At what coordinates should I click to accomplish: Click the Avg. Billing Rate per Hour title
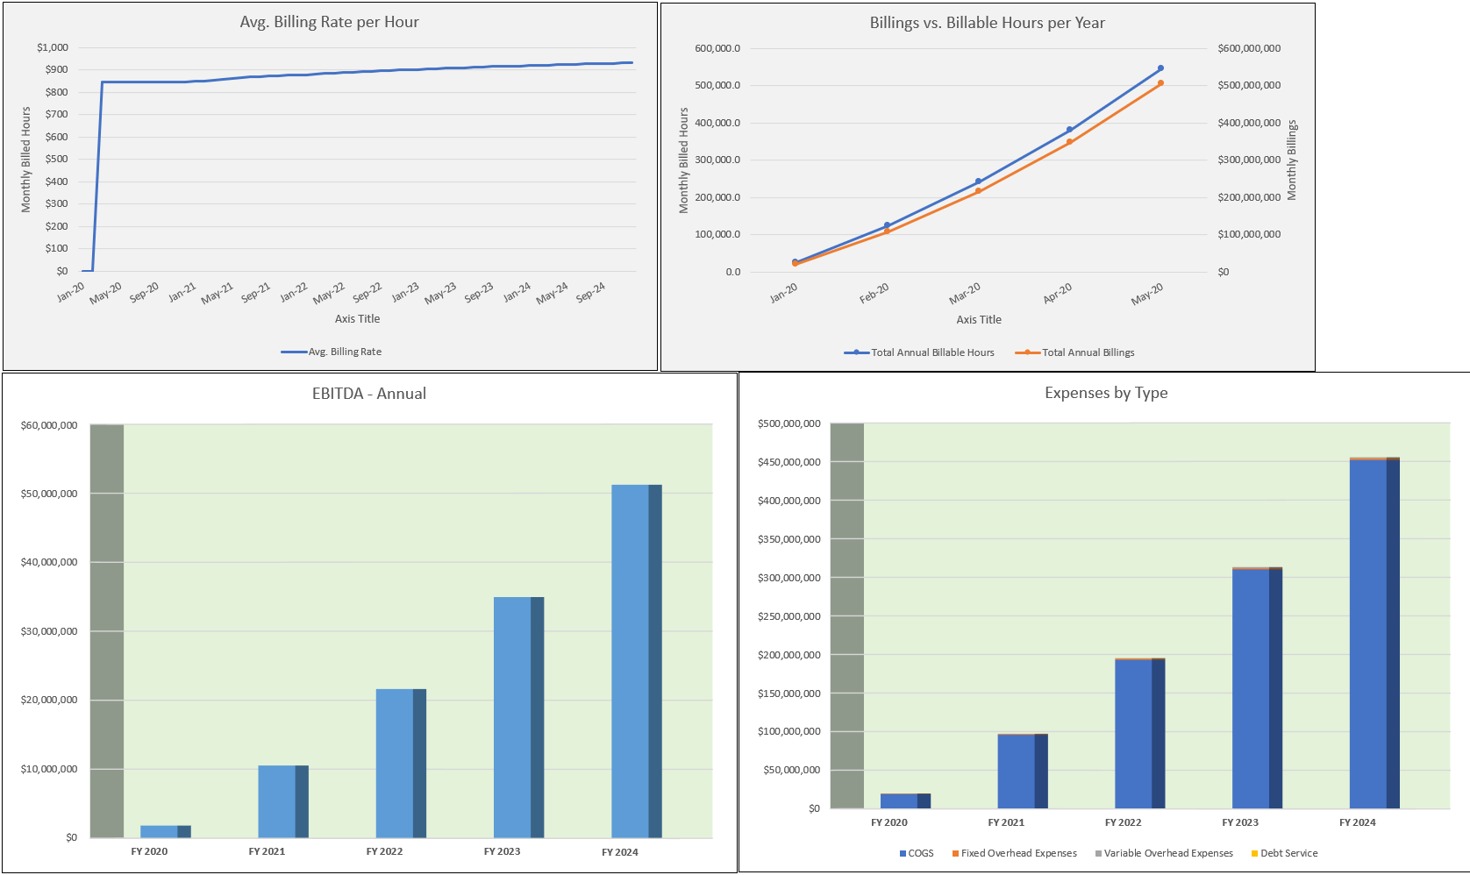(329, 22)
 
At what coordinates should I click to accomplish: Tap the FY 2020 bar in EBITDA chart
(164, 830)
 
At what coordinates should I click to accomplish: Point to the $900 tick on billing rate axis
(56, 69)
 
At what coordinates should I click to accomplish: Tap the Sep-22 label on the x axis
(368, 292)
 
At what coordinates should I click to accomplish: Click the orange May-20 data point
(1160, 83)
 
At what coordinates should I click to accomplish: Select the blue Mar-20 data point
(978, 181)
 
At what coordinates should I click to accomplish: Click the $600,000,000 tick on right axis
(1248, 48)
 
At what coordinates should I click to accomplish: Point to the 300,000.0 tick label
(717, 160)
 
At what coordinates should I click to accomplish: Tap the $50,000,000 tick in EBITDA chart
(49, 494)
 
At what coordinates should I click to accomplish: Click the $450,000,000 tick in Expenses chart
(789, 462)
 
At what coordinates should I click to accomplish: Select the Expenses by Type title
(1105, 393)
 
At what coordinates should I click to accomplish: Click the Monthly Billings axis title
(1291, 160)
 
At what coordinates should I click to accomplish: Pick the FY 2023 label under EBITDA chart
(502, 851)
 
